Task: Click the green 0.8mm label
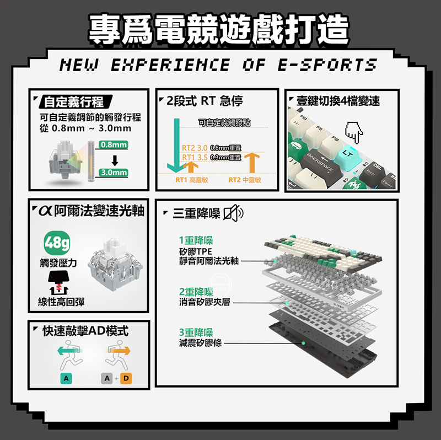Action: tap(114, 145)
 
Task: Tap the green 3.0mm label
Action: tap(114, 173)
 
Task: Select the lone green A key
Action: tap(66, 379)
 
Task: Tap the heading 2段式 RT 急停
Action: tap(204, 101)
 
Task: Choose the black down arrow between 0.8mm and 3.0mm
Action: tap(115, 160)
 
